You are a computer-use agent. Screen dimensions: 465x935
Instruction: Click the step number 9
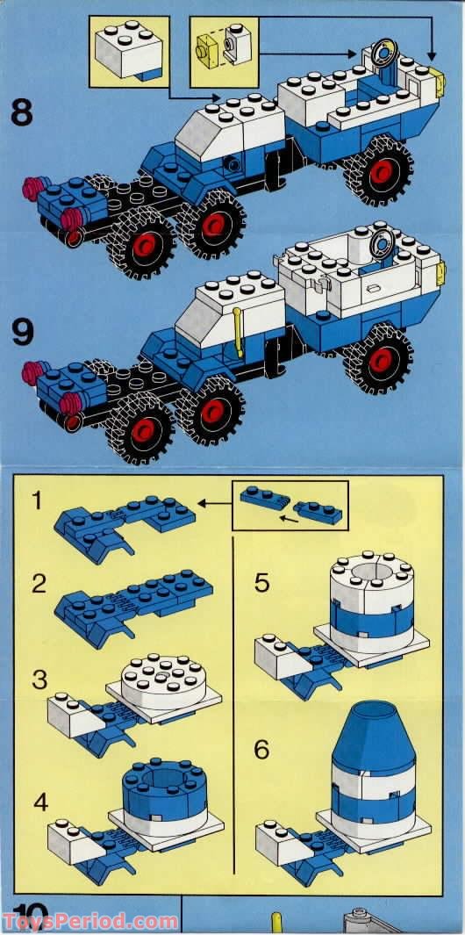coord(23,332)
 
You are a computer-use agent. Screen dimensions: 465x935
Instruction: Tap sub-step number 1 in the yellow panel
coord(37,501)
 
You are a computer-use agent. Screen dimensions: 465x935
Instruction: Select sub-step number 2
coord(39,584)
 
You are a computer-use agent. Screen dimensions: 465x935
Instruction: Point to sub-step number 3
coord(39,680)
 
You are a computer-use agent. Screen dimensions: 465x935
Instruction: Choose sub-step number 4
coord(40,802)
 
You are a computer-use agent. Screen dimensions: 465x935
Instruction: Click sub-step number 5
coord(261,584)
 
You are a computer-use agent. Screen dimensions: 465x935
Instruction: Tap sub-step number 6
coord(261,750)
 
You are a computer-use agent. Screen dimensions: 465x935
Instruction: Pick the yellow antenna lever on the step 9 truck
coord(238,332)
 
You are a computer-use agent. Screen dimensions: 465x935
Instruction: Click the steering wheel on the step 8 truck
coord(383,54)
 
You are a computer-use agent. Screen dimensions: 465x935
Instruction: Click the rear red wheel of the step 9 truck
coord(379,359)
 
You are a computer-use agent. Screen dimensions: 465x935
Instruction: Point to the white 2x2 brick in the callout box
coord(129,51)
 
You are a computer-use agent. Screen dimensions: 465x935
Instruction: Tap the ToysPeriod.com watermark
coord(89,921)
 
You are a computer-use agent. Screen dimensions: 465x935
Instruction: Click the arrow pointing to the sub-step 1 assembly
coord(215,504)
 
